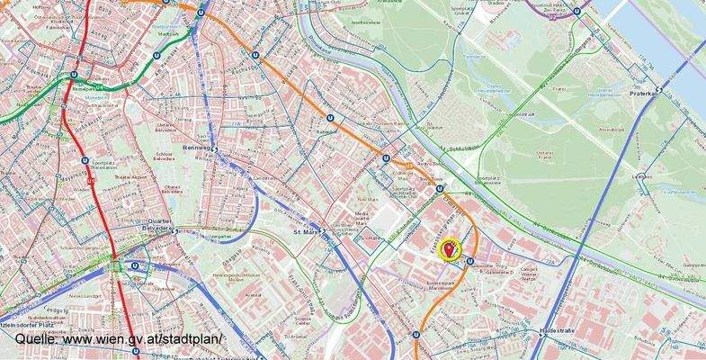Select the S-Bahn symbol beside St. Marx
coord(321,230)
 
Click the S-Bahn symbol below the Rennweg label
coord(215,158)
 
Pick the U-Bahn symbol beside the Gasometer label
coord(469,261)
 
